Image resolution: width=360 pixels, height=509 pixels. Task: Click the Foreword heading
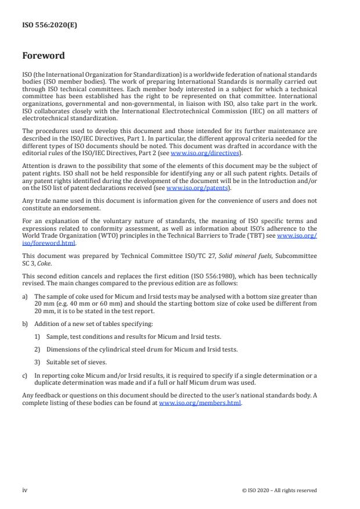click(x=44, y=56)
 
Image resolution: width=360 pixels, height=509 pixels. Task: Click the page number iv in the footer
click(x=25, y=490)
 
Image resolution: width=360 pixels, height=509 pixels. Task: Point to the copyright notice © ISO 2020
click(x=279, y=490)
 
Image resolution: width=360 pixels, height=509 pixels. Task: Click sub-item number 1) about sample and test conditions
click(x=38, y=337)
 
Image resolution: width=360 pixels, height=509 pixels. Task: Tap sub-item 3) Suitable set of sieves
click(x=38, y=361)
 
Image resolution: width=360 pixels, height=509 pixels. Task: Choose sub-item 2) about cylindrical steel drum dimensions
click(x=38, y=349)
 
